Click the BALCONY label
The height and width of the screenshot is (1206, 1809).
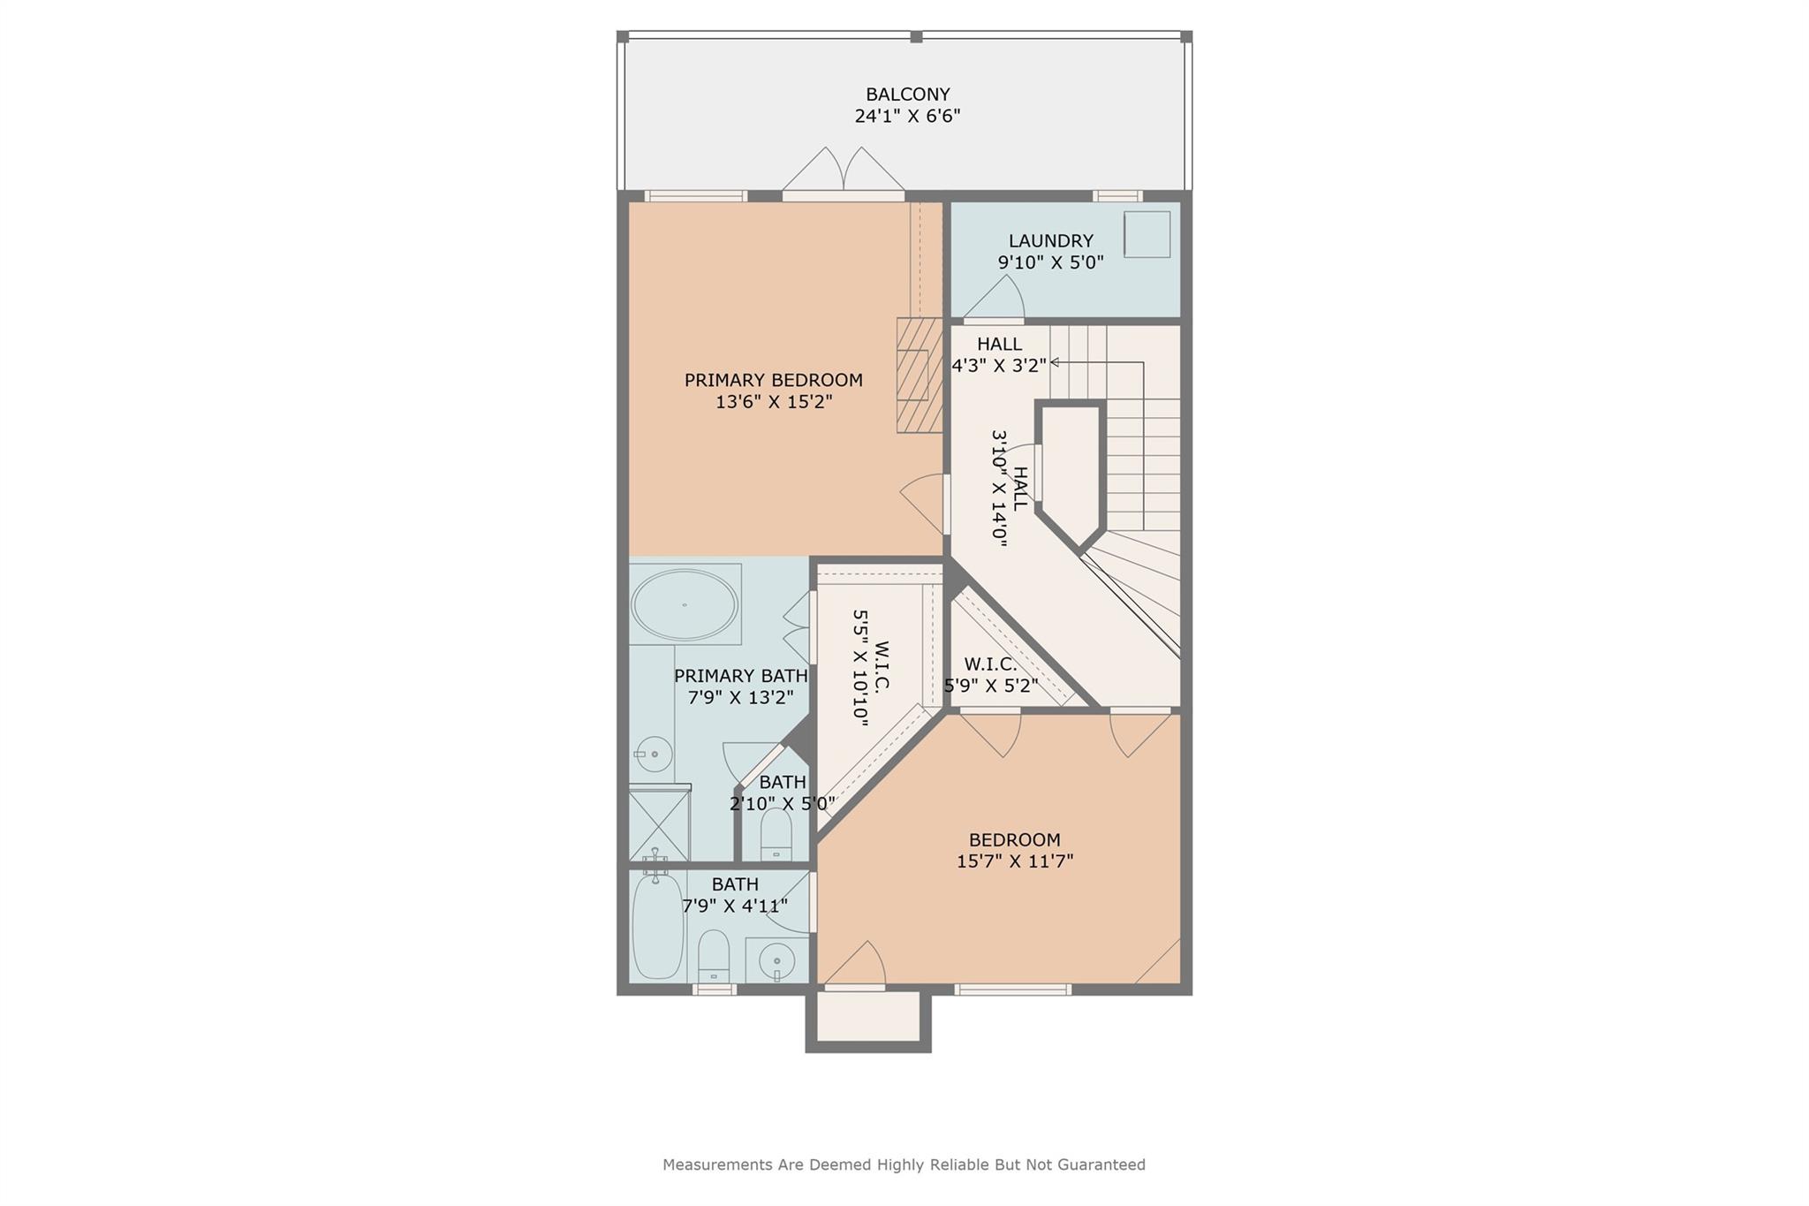[907, 95]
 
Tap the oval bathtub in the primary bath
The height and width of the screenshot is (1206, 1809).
[685, 604]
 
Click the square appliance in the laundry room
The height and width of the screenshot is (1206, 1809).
[1147, 235]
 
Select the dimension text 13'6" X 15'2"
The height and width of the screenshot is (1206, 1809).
[774, 402]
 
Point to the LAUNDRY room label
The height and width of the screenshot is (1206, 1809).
[1050, 240]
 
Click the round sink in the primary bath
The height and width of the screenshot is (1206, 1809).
[654, 755]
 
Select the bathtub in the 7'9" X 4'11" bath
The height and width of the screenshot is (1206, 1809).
[657, 924]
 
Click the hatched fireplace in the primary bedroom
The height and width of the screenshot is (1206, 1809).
[920, 375]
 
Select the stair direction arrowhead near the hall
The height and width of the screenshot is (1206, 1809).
[1054, 362]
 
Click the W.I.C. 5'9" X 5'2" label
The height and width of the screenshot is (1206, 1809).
[990, 675]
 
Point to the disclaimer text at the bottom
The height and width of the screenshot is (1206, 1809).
[904, 1164]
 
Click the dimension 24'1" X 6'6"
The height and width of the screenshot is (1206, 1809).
[907, 116]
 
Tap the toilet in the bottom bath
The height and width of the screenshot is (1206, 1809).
[713, 956]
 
